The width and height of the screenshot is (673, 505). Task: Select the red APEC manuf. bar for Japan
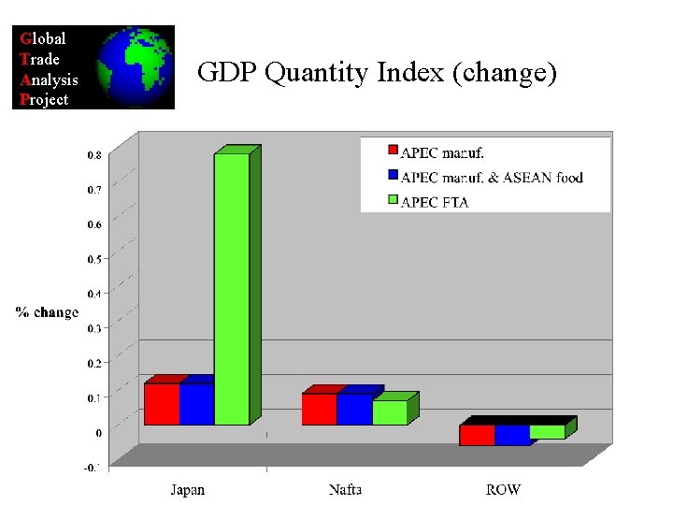pyautogui.click(x=162, y=403)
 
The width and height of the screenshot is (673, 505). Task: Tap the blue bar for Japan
pyautogui.click(x=196, y=403)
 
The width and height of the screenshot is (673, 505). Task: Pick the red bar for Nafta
pyautogui.click(x=319, y=409)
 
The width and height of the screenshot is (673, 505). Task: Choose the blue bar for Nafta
pyautogui.click(x=354, y=409)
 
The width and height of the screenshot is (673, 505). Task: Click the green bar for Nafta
pyautogui.click(x=390, y=412)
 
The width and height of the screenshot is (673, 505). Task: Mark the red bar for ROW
pyautogui.click(x=477, y=435)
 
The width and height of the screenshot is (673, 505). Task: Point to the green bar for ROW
pyautogui.click(x=548, y=432)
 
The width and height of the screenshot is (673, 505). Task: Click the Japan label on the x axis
pyautogui.click(x=187, y=489)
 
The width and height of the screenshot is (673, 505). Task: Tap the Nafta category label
pyautogui.click(x=346, y=489)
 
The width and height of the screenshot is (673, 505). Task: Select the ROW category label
pyautogui.click(x=504, y=489)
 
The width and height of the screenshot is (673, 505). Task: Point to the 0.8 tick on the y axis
pyautogui.click(x=95, y=155)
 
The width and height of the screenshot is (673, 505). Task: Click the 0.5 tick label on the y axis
pyautogui.click(x=95, y=259)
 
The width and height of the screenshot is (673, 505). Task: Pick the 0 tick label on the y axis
pyautogui.click(x=98, y=433)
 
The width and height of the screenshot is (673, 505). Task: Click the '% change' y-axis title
pyautogui.click(x=47, y=311)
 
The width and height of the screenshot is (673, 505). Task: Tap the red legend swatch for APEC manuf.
pyautogui.click(x=393, y=151)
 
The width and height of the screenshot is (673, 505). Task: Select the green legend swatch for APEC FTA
pyautogui.click(x=393, y=200)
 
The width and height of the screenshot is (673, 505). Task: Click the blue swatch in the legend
pyautogui.click(x=393, y=176)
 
